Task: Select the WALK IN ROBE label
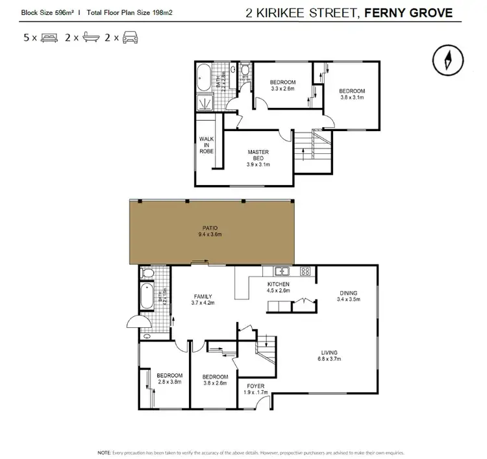coord(206,144)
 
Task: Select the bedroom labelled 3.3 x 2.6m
coord(282,85)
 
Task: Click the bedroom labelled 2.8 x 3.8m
coord(169,378)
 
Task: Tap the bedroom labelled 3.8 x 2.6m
coord(214,380)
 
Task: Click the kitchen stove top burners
coord(305,271)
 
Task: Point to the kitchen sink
coord(281,271)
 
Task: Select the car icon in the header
coord(129,38)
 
